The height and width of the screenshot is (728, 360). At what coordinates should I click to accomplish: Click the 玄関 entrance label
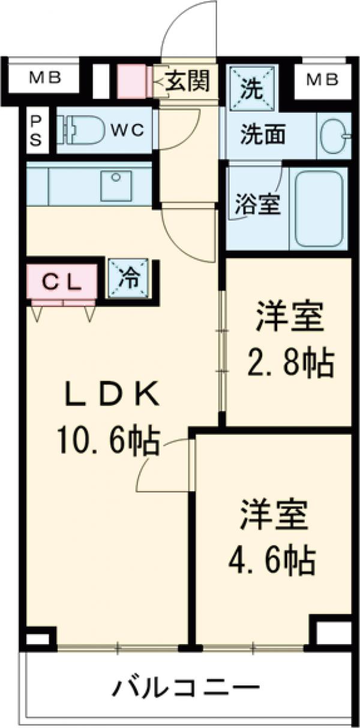(x=187, y=82)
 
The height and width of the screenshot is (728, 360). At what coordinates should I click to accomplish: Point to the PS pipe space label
(x=37, y=130)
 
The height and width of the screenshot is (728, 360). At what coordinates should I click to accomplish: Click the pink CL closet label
(x=61, y=282)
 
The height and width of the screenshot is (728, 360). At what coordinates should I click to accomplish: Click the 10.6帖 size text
(x=108, y=442)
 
